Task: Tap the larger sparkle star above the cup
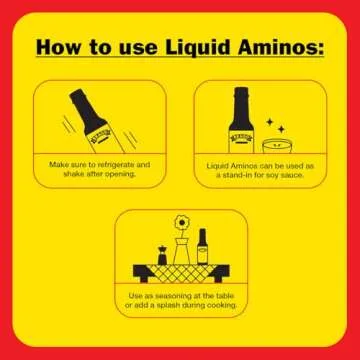coord(281,128)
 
